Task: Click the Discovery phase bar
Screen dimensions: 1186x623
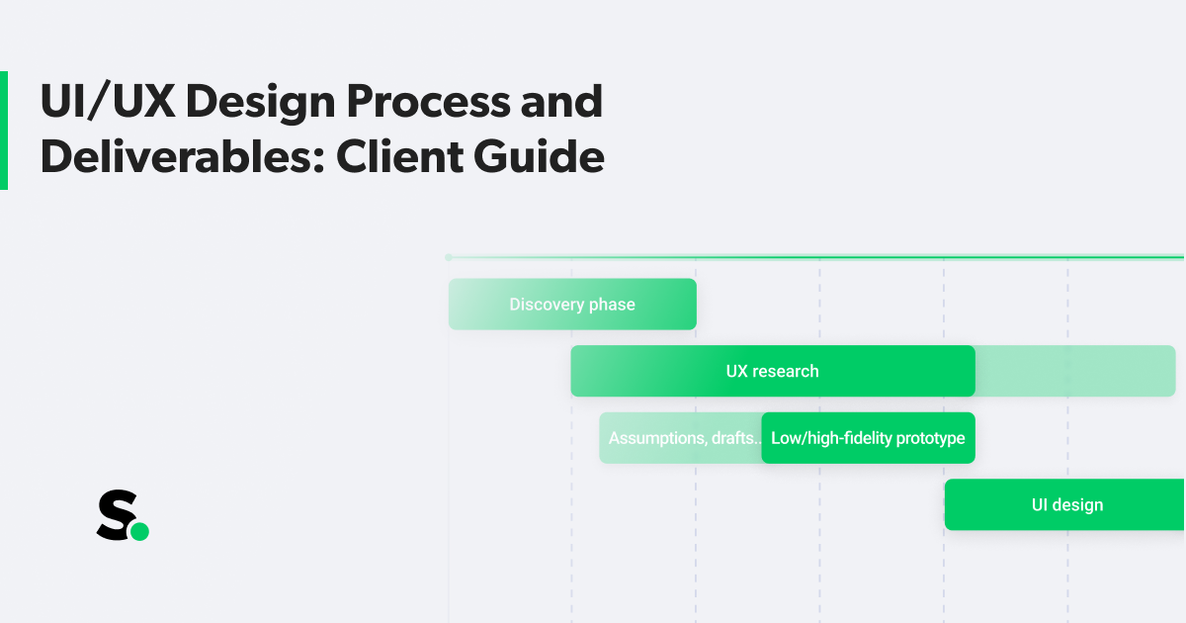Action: (x=572, y=305)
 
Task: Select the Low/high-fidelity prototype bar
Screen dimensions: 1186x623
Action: (x=868, y=438)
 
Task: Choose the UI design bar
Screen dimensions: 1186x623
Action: (x=1065, y=505)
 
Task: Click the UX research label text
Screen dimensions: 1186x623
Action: (x=772, y=372)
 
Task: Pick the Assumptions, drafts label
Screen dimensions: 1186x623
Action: (x=682, y=438)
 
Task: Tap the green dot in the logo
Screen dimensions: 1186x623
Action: (x=139, y=532)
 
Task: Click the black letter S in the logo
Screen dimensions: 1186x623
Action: (x=114, y=516)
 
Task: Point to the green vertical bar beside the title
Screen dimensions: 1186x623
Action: (x=4, y=131)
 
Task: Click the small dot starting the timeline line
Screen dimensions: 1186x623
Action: (x=449, y=257)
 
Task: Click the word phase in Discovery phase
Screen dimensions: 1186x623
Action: (x=613, y=305)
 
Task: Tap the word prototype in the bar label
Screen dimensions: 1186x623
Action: (x=928, y=438)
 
